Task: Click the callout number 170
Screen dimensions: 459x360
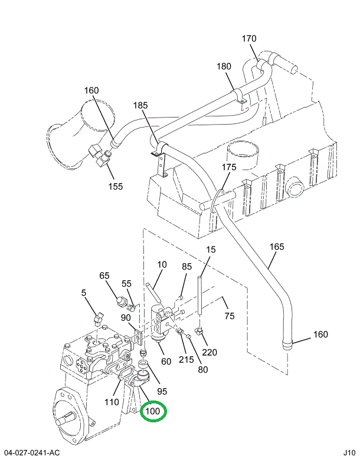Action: point(249,39)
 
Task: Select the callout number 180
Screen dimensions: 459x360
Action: point(224,66)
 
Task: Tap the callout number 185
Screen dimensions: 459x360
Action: point(140,106)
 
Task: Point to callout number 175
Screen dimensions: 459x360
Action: point(229,167)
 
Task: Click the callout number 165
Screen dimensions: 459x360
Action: point(277,246)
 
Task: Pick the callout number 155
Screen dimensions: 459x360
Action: point(115,186)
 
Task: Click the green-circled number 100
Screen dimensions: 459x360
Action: point(153,411)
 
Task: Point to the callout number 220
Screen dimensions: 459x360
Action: point(210,353)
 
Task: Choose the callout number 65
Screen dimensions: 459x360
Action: point(104,275)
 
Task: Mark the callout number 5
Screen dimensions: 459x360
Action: point(84,292)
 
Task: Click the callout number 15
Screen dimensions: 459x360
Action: point(211,250)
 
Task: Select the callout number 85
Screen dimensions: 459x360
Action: point(186,266)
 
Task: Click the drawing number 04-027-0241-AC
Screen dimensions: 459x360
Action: point(31,453)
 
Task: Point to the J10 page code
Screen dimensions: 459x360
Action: point(349,453)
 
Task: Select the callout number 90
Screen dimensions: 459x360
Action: point(126,318)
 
